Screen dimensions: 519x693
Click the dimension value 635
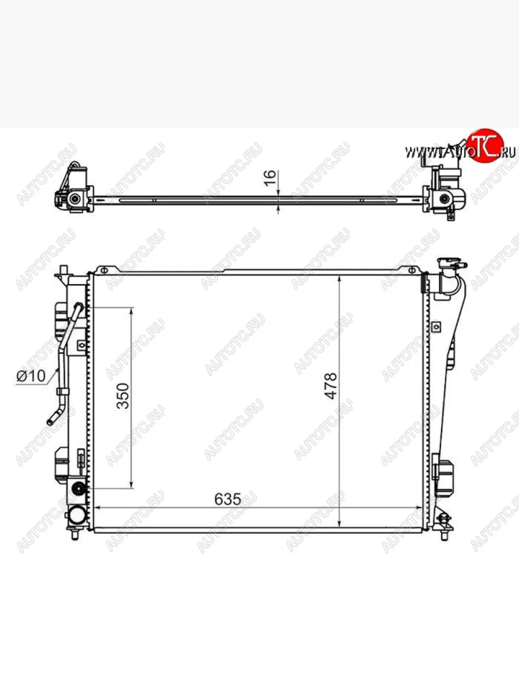(228, 499)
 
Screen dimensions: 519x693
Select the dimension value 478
(330, 386)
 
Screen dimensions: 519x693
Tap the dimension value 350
(123, 396)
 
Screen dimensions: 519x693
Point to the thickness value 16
(270, 177)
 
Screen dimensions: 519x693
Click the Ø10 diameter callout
(31, 376)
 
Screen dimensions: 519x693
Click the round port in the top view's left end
(75, 199)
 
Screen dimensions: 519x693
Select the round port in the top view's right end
(445, 199)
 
